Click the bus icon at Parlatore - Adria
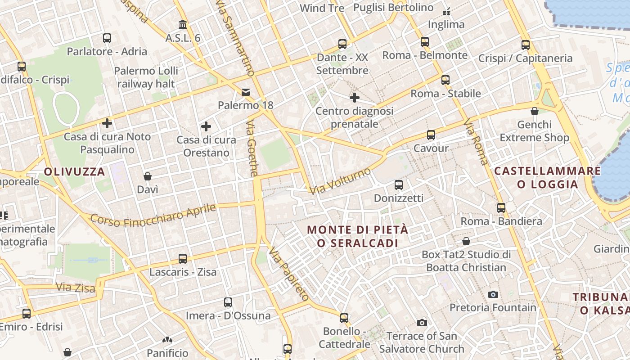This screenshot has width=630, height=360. (107, 38)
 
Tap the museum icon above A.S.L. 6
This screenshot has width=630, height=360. (183, 24)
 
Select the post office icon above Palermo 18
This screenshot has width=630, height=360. (246, 92)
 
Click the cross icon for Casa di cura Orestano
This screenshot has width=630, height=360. (206, 126)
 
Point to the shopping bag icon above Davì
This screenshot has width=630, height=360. (148, 176)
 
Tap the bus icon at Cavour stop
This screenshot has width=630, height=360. (431, 135)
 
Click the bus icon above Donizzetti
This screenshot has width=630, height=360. (398, 185)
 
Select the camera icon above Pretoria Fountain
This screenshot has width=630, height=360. (493, 294)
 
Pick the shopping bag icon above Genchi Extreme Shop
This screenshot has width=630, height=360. (535, 111)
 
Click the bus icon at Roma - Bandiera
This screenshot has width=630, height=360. (501, 208)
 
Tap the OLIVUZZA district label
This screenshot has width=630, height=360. (75, 171)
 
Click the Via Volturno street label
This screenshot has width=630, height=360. (340, 181)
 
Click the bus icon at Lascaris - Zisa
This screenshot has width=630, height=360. (183, 259)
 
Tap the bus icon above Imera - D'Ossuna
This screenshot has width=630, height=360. (228, 302)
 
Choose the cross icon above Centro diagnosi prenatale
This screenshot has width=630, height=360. (355, 97)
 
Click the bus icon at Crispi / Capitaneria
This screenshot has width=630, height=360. (526, 45)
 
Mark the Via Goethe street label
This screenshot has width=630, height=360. (252, 147)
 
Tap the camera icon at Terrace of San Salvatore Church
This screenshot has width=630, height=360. (422, 323)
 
